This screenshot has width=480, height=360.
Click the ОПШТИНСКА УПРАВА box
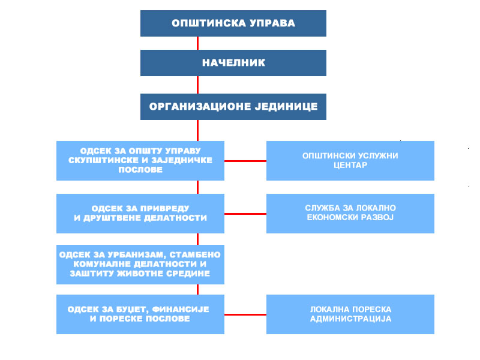pos(233,23)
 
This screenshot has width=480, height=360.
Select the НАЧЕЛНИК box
pos(233,63)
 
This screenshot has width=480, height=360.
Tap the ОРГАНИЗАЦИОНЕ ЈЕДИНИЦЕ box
pos(233,107)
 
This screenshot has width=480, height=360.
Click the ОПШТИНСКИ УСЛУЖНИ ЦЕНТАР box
pos(350,161)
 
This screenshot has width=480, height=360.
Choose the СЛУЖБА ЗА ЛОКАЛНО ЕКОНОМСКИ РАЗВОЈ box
pos(350,214)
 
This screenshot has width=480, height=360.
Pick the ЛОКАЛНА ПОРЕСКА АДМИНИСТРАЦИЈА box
pos(350,314)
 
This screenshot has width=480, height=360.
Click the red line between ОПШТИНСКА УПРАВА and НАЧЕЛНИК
pos(197,43)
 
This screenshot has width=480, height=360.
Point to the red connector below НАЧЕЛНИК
pos(197,85)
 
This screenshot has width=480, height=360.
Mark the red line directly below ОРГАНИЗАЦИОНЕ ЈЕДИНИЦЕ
pos(197,130)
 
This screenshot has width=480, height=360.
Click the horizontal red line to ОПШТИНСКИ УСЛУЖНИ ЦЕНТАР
pos(245,161)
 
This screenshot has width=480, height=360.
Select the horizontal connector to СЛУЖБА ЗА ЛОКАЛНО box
pos(245,214)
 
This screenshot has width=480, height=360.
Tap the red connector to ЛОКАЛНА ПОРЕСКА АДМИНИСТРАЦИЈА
pos(245,314)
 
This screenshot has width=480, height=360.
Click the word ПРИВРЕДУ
pos(163,208)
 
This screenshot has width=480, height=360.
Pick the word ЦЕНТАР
pos(350,166)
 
